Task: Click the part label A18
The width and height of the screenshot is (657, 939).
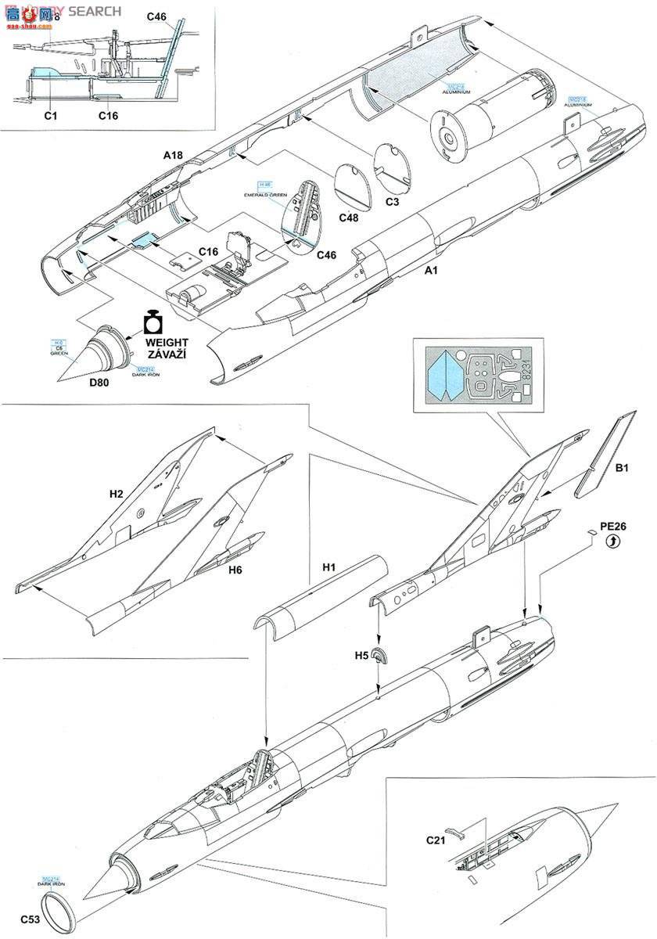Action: [x=173, y=156]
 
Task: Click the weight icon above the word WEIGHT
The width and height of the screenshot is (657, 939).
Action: [x=153, y=323]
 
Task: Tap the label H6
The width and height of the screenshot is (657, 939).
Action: [x=235, y=570]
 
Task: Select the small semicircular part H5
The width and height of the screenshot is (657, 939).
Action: [x=379, y=656]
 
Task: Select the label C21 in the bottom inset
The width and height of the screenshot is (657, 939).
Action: [x=436, y=840]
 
